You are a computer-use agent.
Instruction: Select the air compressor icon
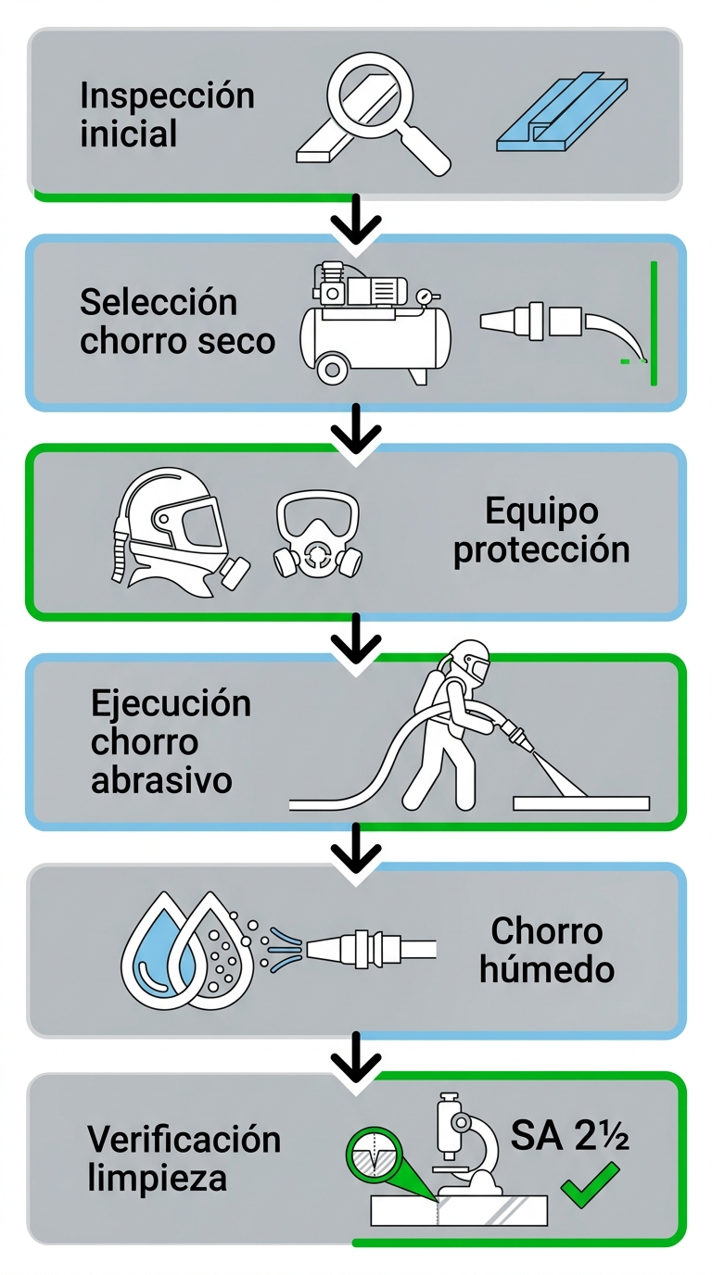[375, 323]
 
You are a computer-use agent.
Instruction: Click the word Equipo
[541, 511]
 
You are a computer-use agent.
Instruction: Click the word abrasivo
[161, 779]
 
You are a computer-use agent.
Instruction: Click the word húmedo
[547, 969]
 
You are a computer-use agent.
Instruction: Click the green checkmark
[589, 1185]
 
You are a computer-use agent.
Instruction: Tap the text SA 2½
[569, 1136]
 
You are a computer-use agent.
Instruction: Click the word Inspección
[167, 95]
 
